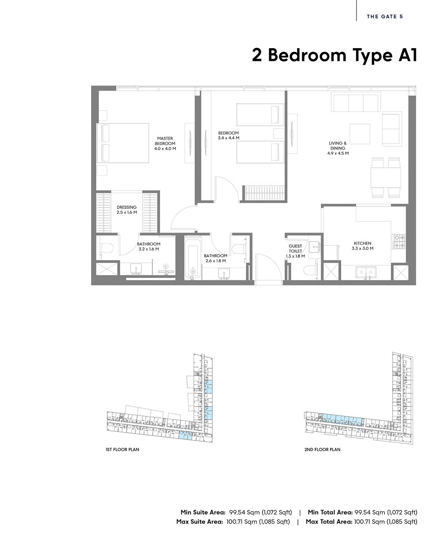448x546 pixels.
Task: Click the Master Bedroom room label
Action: (165, 144)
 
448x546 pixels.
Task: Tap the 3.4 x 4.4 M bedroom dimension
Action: (228, 138)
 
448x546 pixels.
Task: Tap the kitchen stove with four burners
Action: (399, 242)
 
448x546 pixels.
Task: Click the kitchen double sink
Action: (365, 272)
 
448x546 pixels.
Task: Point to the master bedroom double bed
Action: (122, 143)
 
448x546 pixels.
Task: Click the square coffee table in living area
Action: (360, 134)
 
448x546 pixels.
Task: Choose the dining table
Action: (385, 178)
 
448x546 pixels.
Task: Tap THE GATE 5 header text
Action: (385, 16)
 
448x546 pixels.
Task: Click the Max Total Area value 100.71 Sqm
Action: (369, 522)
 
